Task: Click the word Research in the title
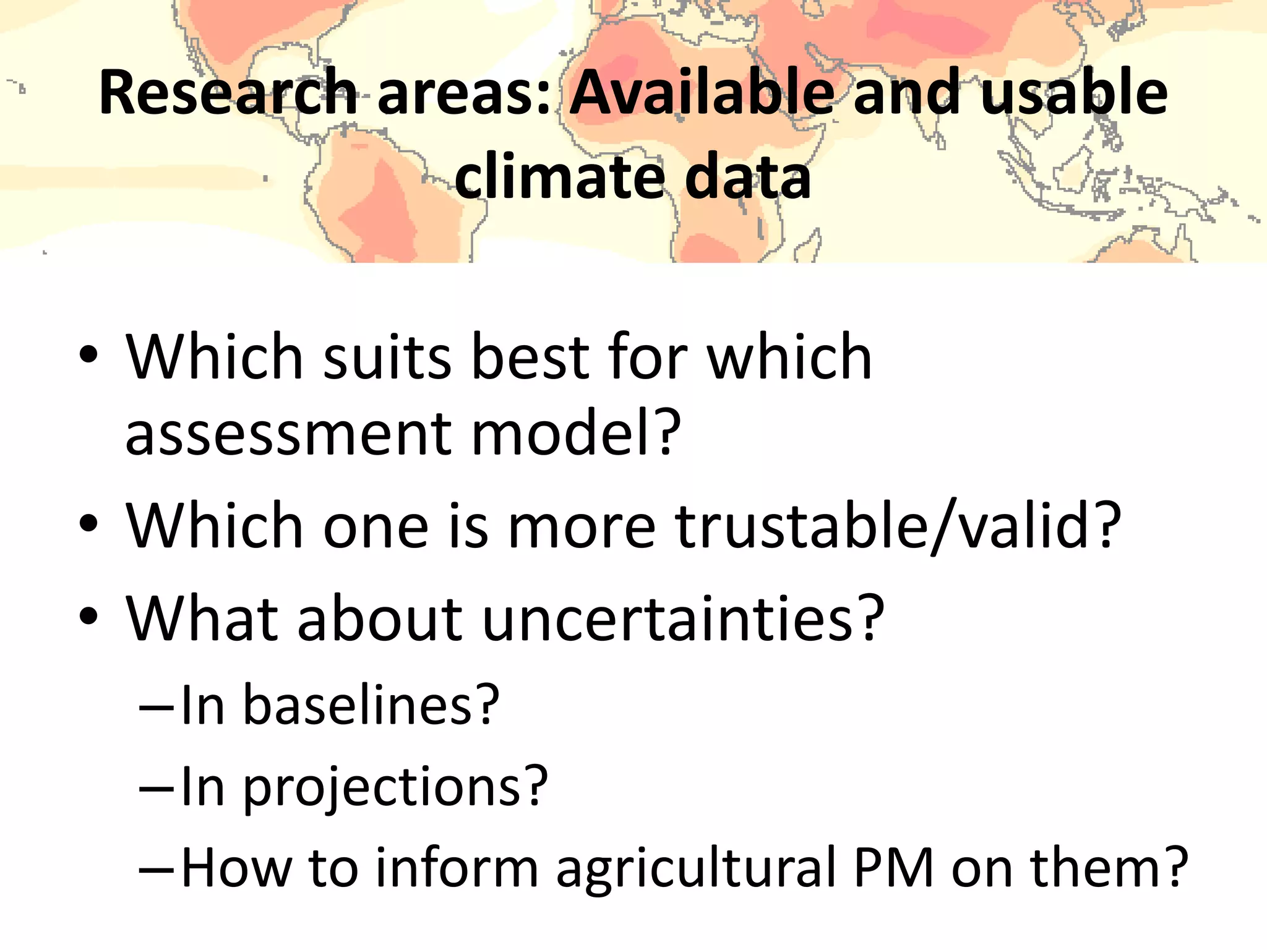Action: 228,93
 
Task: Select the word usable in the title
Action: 1074,93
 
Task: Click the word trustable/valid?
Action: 898,526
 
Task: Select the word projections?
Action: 395,788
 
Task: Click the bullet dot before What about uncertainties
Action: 88,616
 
